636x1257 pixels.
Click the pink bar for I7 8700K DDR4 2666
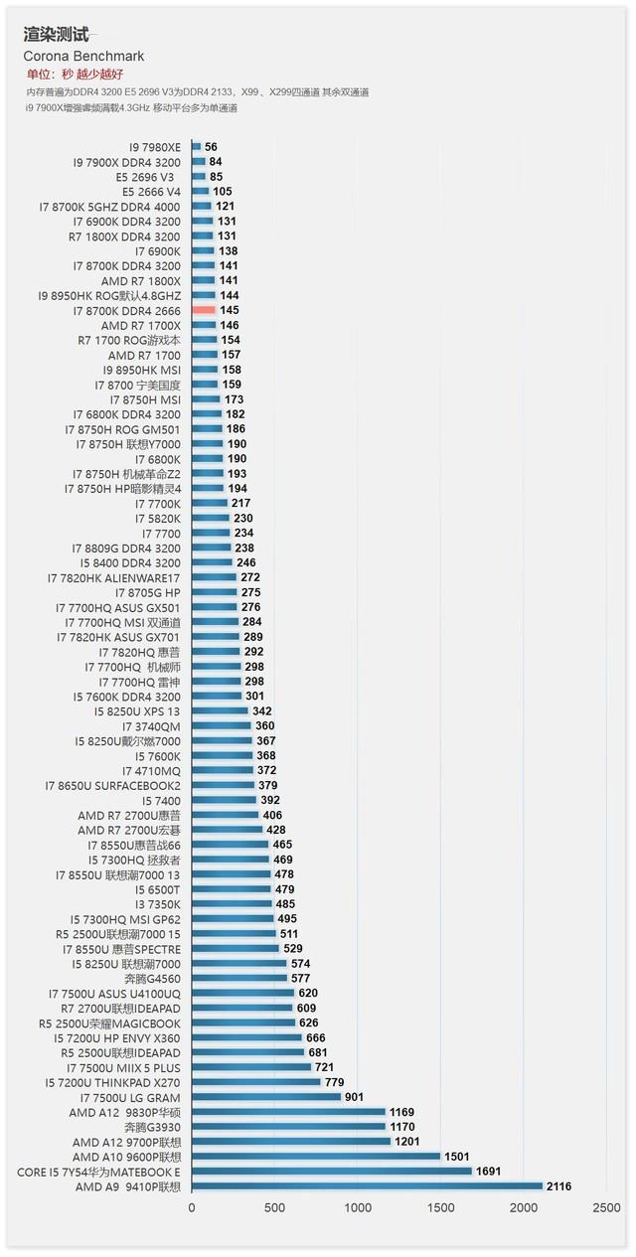pos(204,310)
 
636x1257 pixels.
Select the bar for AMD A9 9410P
pos(367,1186)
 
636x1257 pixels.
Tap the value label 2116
pos(557,1186)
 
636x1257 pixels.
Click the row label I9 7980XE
pos(154,147)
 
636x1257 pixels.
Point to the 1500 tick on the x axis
pos(440,1208)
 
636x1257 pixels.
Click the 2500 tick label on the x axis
pos(605,1208)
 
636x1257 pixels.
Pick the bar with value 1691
pos(332,1172)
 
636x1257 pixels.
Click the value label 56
pos(211,147)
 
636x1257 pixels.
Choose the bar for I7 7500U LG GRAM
pos(266,1097)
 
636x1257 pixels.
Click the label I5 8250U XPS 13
pos(137,711)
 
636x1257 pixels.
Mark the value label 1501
pos(457,1157)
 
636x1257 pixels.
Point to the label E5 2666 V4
pos(151,192)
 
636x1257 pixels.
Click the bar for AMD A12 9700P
pos(291,1142)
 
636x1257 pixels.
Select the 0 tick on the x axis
pos(192,1208)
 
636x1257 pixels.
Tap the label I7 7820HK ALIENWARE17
pos(113,577)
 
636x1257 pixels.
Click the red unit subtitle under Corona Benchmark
pos(75,75)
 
